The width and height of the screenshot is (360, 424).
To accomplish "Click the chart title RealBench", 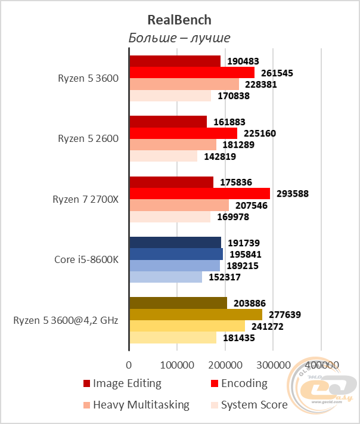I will point(179,20).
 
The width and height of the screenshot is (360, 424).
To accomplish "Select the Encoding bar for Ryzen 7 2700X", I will point(200,193).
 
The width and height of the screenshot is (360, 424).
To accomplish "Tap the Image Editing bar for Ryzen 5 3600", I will point(175,61).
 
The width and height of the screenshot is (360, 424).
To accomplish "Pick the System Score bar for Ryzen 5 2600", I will point(163,156).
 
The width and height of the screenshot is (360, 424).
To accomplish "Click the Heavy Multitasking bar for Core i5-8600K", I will point(175,265).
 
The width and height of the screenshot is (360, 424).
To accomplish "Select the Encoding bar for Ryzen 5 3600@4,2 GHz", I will point(195,314).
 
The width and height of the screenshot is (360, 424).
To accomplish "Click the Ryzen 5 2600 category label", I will point(88,139).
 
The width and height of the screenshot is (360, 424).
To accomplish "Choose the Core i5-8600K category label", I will point(86,260).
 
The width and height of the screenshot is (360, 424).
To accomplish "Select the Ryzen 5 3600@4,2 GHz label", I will point(66,320).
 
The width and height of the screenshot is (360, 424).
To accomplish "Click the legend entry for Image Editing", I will point(122,383).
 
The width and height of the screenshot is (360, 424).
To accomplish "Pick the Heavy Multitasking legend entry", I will point(136,405).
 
